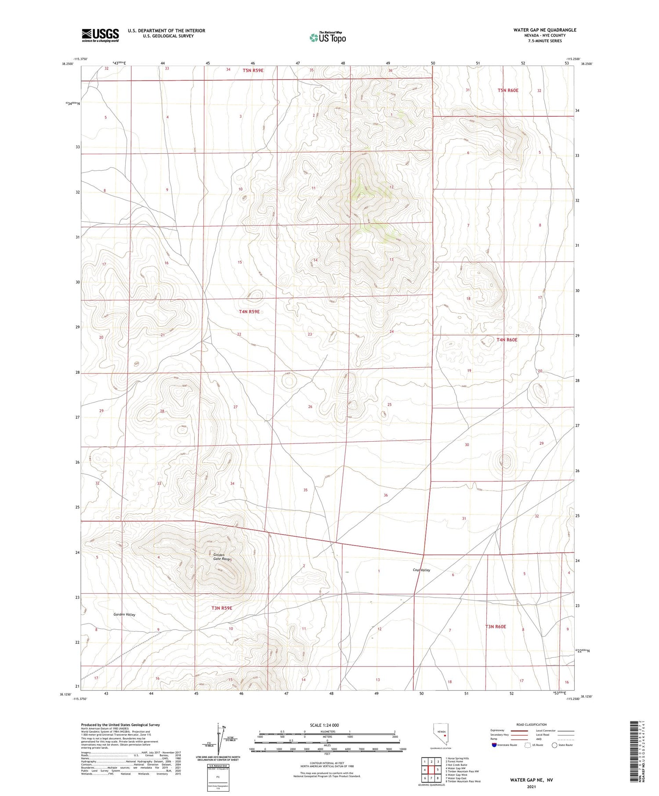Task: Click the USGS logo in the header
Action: click(x=100, y=35)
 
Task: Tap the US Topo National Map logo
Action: click(x=328, y=37)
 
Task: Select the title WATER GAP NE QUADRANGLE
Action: click(x=545, y=30)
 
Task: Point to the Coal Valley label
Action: click(x=421, y=570)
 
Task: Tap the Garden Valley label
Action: click(x=124, y=615)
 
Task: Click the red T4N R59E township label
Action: click(x=249, y=312)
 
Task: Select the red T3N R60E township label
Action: click(x=496, y=627)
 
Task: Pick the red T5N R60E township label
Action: click(x=508, y=90)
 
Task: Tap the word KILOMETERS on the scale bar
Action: click(x=328, y=731)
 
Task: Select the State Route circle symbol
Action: click(x=554, y=745)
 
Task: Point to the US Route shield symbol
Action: click(x=528, y=745)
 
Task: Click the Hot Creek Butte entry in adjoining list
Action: click(x=457, y=765)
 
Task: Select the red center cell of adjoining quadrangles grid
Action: click(x=431, y=769)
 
